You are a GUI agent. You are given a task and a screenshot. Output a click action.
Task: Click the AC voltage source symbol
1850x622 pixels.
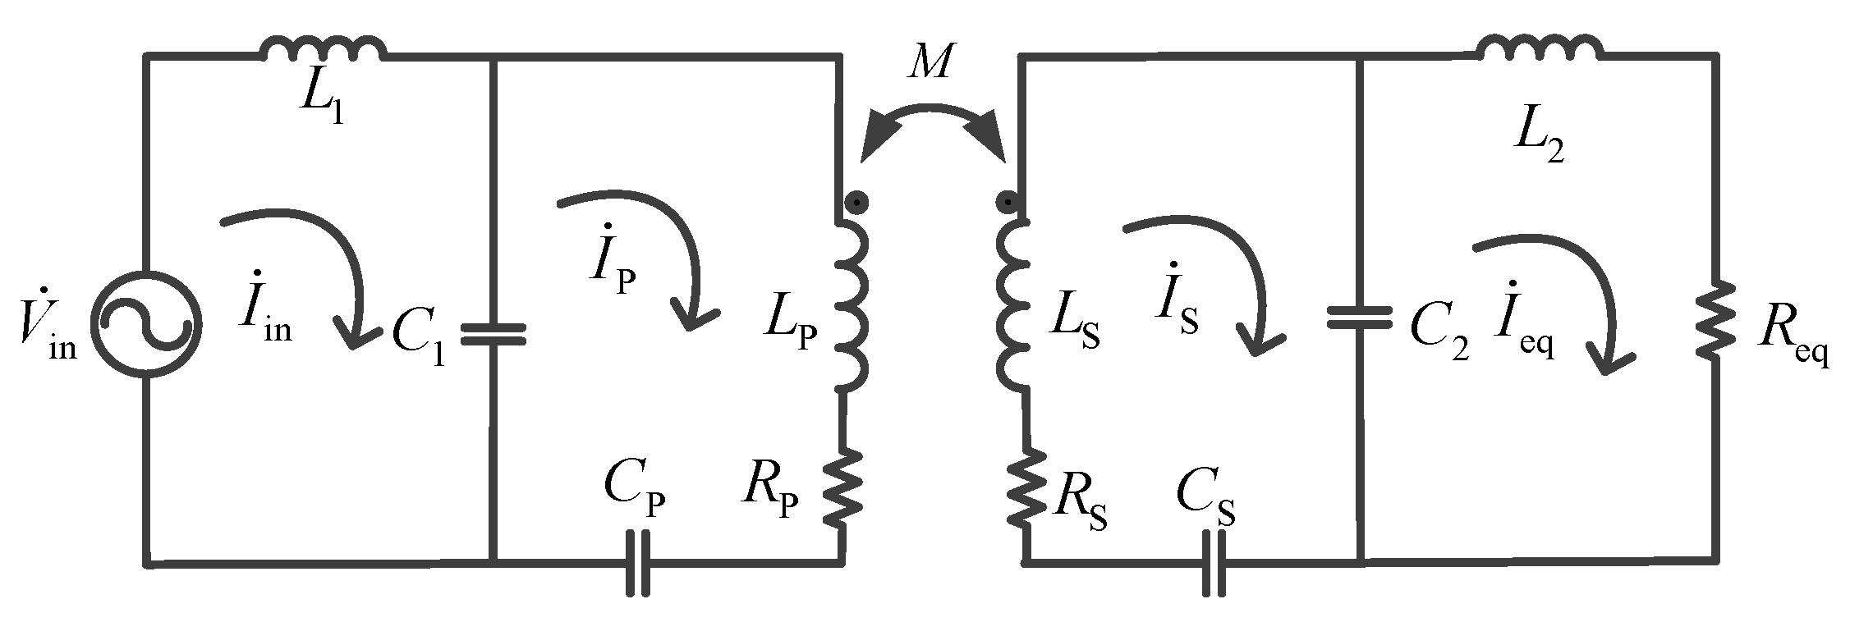coord(146,326)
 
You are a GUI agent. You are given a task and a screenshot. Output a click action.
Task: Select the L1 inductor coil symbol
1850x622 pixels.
coord(321,50)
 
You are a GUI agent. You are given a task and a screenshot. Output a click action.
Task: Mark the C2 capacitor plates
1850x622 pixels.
coord(1360,317)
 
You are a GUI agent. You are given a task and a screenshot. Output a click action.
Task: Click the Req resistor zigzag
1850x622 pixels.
coord(1715,320)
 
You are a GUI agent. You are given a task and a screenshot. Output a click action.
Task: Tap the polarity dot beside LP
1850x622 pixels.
coord(856,201)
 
